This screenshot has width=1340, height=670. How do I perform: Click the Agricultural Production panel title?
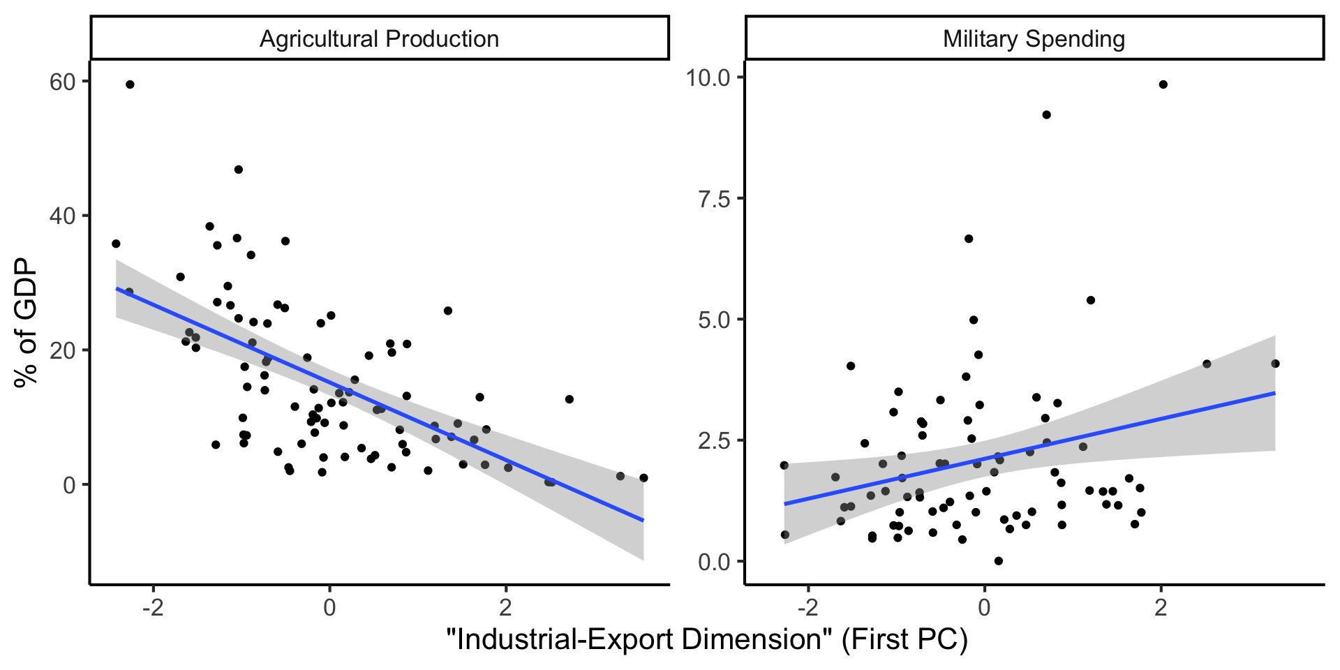[379, 39]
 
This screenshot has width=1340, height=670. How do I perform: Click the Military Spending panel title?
[1034, 39]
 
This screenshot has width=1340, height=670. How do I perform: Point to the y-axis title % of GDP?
[26, 322]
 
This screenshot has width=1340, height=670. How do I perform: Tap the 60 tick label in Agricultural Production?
[62, 82]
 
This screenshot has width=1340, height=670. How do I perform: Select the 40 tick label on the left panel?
[62, 216]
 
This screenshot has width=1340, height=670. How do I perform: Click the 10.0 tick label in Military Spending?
[708, 77]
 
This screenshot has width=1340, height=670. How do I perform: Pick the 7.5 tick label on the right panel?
[714, 199]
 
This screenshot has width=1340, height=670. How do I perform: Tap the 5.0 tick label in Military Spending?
[714, 320]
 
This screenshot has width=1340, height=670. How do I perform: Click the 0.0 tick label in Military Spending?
[714, 562]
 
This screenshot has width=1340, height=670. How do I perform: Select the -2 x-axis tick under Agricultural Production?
[153, 607]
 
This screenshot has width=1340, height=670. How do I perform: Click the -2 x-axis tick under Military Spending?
[807, 607]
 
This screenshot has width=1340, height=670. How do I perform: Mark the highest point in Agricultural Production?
[130, 84]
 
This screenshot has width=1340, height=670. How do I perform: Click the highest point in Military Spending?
[1163, 84]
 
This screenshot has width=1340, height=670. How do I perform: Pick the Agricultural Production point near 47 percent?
[239, 170]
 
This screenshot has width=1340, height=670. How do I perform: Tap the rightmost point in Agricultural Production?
[643, 478]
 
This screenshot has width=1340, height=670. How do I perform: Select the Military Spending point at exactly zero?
[998, 560]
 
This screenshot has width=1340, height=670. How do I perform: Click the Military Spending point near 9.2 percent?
[1046, 114]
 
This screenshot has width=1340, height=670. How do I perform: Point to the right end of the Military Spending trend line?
[1274, 394]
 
